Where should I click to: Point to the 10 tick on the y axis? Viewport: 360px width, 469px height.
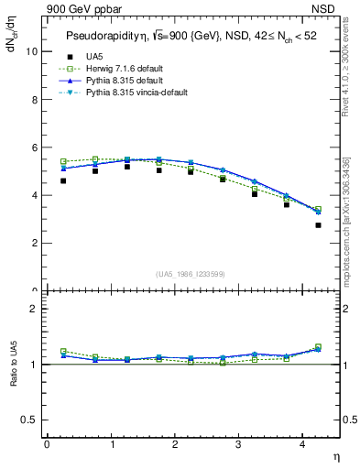(x=33, y=51)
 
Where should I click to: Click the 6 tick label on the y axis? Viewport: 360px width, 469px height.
(x=35, y=147)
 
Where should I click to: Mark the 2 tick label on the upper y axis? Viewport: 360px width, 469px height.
(x=35, y=243)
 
